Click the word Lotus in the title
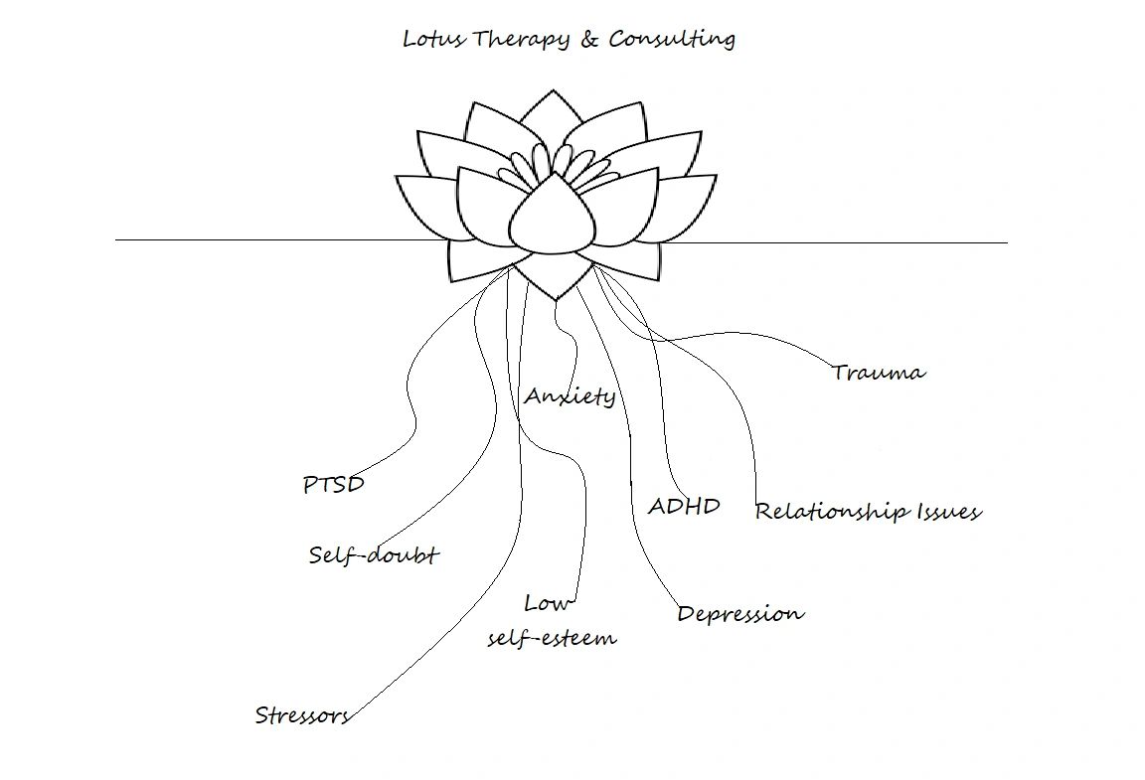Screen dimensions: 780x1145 [434, 39]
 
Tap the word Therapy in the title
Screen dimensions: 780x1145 [521, 40]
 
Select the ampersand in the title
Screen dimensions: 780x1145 [589, 39]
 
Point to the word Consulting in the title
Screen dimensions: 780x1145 [672, 40]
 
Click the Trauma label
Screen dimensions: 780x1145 [879, 373]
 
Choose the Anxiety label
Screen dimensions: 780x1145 [570, 396]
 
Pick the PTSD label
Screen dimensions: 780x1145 [334, 485]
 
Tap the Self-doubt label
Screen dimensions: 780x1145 [374, 554]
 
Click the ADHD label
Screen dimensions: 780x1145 [684, 506]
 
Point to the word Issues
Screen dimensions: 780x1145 [949, 512]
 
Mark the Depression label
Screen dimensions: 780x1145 [740, 614]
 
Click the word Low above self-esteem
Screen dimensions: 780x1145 [548, 603]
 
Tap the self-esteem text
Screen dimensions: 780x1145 [552, 638]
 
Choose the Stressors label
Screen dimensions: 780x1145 [302, 715]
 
